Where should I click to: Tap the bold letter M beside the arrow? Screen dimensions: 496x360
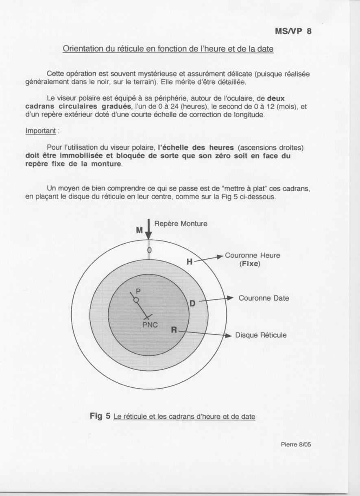coord(140,230)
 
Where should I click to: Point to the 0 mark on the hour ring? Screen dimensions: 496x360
coord(149,250)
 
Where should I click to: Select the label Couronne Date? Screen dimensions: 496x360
coord(264,298)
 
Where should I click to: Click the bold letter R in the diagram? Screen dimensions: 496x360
coord(174,330)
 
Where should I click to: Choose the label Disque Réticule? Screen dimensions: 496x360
coord(261,336)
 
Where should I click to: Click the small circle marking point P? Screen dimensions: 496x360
coord(136,300)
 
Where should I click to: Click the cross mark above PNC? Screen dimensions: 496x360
coord(148,316)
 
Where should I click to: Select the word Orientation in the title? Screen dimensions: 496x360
coord(81,49)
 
